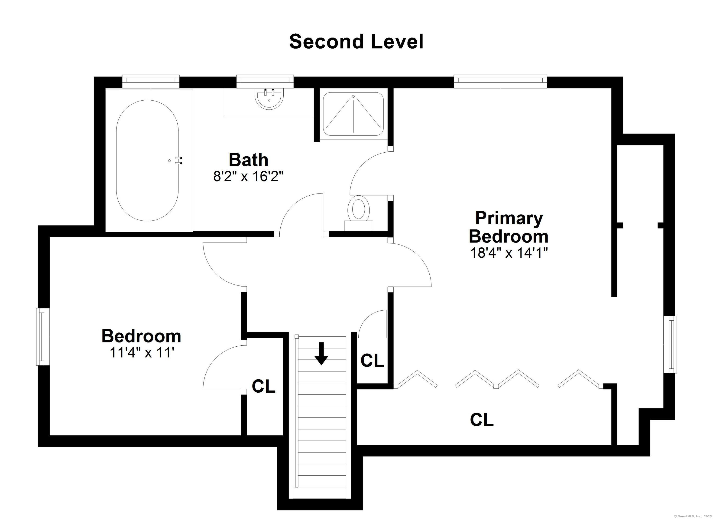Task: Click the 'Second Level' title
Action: [356, 42]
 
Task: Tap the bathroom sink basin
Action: [269, 99]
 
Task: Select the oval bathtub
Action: [147, 161]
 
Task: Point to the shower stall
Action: [353, 114]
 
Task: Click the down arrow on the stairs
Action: [321, 353]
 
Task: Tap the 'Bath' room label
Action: [248, 160]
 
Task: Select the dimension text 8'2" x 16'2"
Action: [248, 177]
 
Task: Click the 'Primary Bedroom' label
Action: [509, 227]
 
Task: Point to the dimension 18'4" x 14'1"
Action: [509, 253]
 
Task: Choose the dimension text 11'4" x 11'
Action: [142, 352]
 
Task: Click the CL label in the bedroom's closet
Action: [263, 386]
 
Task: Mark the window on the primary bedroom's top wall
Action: [500, 81]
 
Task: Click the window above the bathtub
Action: [151, 81]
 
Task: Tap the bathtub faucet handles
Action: [179, 161]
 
